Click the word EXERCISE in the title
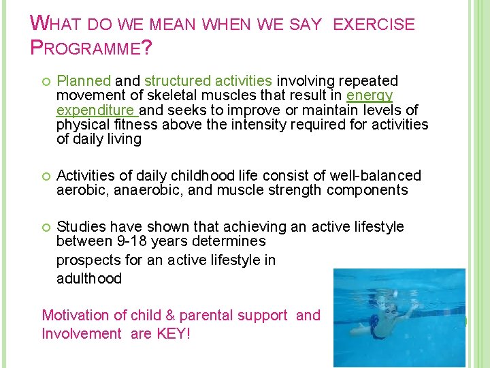(373, 25)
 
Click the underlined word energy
(370, 96)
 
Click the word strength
(292, 190)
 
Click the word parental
(204, 316)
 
